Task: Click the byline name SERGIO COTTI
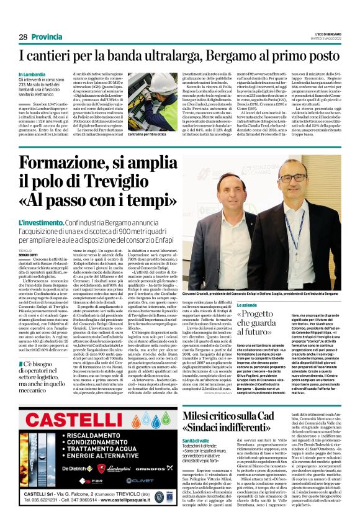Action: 29,254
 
